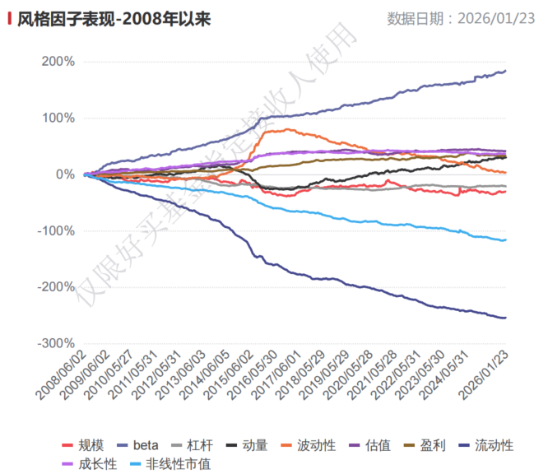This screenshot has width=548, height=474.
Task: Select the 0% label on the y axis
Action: [x=64, y=174]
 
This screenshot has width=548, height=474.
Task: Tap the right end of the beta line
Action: [x=504, y=71]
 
